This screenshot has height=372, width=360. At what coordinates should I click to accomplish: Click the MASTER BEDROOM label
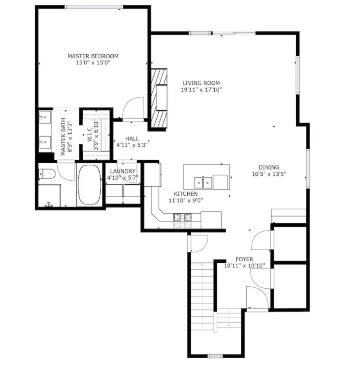pos(93,56)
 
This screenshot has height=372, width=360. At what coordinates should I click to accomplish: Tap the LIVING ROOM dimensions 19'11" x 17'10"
pos(201,90)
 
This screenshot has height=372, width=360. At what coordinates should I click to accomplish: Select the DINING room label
pos(269,167)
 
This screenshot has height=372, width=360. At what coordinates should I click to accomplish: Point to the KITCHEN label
pos(186,194)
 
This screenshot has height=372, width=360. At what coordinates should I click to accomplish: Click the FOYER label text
pos(244,259)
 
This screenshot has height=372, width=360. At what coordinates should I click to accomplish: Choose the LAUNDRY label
pos(123,171)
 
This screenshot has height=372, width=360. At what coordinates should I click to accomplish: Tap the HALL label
pos(132,139)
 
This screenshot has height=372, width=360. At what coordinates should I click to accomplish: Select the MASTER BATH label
pos(63,137)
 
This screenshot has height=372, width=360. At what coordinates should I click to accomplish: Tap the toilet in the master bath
pos(46,174)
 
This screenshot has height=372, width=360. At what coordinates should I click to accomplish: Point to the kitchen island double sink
pos(203,183)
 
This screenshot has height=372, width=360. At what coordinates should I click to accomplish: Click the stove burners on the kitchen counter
pos(182,217)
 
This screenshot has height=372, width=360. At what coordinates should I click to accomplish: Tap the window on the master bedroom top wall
pos(94,7)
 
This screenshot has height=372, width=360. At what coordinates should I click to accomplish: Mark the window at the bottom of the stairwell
pos(215,356)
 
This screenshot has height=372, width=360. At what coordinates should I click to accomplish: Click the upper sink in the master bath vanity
pos(45,117)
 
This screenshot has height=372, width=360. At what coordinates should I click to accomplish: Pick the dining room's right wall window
pos(308,168)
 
